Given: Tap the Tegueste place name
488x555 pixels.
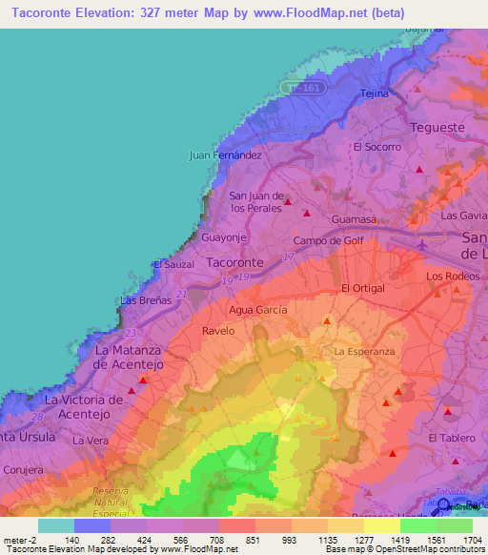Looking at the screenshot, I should pyautogui.click(x=436, y=128).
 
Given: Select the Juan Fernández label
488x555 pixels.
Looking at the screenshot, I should pyautogui.click(x=226, y=154).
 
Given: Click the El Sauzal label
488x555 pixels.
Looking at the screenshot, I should pyautogui.click(x=173, y=264).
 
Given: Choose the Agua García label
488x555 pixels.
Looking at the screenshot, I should pyautogui.click(x=258, y=310).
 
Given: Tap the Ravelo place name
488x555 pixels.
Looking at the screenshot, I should pyautogui.click(x=218, y=331).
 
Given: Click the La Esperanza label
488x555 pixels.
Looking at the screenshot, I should pyautogui.click(x=364, y=352).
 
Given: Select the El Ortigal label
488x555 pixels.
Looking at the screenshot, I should pyautogui.click(x=362, y=289).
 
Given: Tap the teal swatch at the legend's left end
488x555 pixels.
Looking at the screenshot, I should pyautogui.click(x=56, y=525).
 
